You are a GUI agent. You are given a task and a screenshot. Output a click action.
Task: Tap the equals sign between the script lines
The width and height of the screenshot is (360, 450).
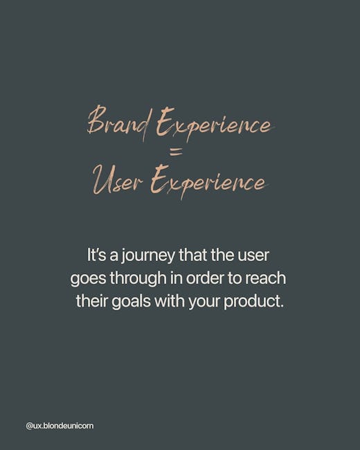[x=177, y=153]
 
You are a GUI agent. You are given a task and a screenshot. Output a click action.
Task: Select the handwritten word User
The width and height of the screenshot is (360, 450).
[x=118, y=180]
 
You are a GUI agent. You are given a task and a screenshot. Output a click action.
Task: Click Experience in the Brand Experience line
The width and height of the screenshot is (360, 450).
[x=215, y=124]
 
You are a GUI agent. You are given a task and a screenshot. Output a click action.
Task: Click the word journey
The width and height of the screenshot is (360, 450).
[x=147, y=256]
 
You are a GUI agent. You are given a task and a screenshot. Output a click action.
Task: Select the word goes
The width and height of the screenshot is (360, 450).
[x=89, y=279]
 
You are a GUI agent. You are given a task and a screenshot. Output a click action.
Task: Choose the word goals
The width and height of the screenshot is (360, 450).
[x=131, y=302]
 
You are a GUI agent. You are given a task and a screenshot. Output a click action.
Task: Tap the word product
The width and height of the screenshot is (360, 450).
[x=251, y=302]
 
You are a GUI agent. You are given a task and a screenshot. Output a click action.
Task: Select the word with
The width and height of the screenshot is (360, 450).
[x=170, y=300]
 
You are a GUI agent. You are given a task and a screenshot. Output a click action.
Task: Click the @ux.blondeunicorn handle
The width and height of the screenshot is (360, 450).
[x=60, y=426]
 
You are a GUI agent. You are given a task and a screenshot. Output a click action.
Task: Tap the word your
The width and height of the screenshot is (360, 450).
[x=204, y=303]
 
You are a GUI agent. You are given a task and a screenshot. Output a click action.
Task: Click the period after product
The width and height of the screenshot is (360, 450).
[x=282, y=306]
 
